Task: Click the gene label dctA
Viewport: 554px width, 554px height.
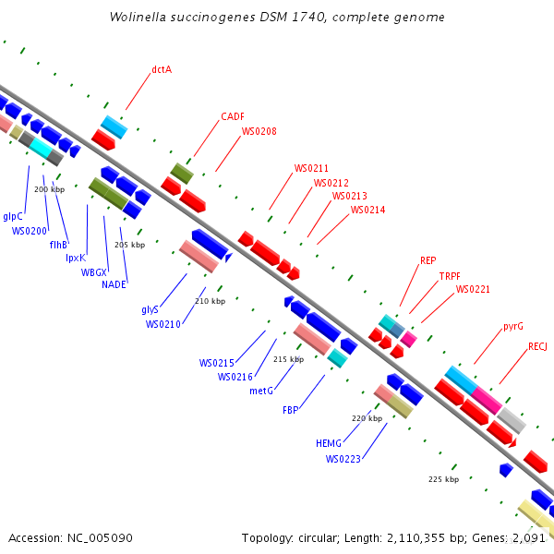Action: click(162, 69)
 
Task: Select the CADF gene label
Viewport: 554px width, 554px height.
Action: click(232, 117)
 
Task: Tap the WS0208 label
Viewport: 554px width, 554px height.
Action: click(259, 131)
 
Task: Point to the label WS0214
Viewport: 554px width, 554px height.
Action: click(367, 210)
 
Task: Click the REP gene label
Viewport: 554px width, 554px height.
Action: click(428, 260)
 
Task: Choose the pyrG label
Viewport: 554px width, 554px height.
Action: click(512, 326)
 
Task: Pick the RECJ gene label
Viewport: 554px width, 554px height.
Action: click(537, 346)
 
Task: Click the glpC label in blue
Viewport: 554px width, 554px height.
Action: click(13, 216)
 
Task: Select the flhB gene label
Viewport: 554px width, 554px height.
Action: click(58, 245)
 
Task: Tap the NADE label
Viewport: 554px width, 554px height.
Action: click(113, 284)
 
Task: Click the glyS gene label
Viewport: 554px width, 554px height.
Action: click(150, 309)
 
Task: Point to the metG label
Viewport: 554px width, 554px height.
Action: click(261, 391)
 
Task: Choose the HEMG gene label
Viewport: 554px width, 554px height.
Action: click(329, 443)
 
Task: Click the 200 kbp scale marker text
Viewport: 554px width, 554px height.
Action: click(49, 189)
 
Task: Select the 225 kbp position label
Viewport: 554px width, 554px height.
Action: click(443, 479)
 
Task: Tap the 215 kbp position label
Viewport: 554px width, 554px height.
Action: click(288, 359)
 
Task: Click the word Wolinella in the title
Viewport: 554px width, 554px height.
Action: click(138, 17)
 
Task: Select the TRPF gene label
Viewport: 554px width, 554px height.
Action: click(450, 276)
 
